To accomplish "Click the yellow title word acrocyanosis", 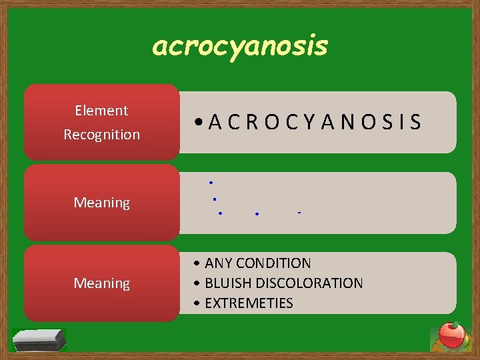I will [x=240, y=46].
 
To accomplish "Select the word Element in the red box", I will [x=101, y=110].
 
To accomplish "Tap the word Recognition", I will [x=101, y=134].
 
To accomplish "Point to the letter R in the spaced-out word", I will [x=251, y=122].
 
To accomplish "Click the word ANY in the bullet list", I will [x=217, y=263].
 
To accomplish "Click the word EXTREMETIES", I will [x=249, y=303].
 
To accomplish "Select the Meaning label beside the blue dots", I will [x=101, y=202].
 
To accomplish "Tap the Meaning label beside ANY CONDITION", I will [x=101, y=283].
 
